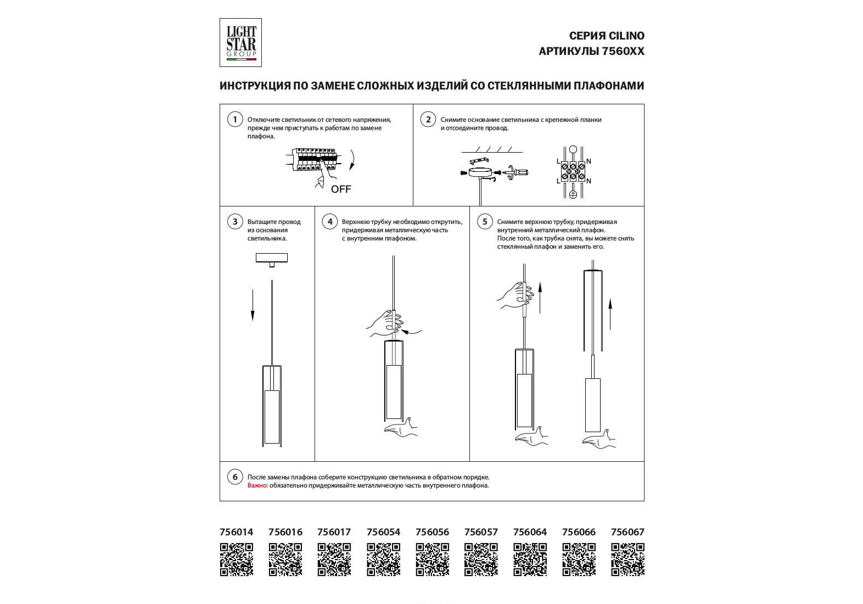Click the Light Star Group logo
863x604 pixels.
pyautogui.click(x=240, y=43)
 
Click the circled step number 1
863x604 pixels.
pyautogui.click(x=235, y=120)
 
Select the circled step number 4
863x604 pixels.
pyautogui.click(x=329, y=222)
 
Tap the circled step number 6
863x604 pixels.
pyautogui.click(x=235, y=477)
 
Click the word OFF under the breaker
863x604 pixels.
pyautogui.click(x=341, y=189)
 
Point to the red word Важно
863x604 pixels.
pyautogui.click(x=257, y=485)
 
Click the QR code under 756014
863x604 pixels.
pyautogui.click(x=237, y=560)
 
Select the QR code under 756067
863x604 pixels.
pyautogui.click(x=627, y=560)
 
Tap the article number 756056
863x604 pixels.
pyautogui.click(x=432, y=532)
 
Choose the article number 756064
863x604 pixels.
pyautogui.click(x=530, y=532)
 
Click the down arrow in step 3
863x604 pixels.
pyautogui.click(x=253, y=305)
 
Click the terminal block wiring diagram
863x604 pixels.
pyautogui.click(x=573, y=171)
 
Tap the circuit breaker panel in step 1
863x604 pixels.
pyautogui.click(x=315, y=159)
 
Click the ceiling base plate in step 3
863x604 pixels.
pyautogui.click(x=272, y=258)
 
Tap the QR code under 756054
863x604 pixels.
pyautogui.click(x=383, y=560)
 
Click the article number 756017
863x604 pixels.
pyautogui.click(x=334, y=532)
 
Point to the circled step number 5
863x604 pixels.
pyautogui.click(x=484, y=222)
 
